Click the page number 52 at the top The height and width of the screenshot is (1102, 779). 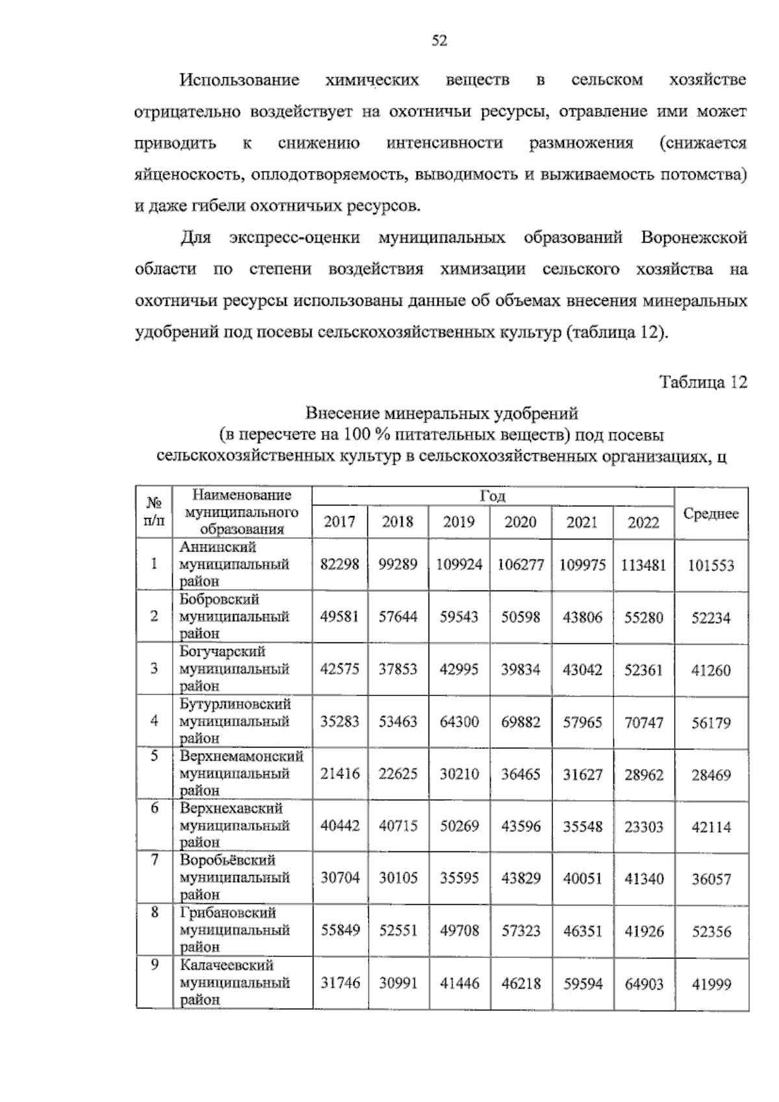[439, 42]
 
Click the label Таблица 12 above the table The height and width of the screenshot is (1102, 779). [703, 382]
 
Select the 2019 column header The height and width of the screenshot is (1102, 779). [458, 522]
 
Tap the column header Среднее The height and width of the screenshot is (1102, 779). [711, 513]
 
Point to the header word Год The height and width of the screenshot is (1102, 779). [492, 496]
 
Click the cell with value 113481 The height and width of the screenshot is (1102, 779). [643, 565]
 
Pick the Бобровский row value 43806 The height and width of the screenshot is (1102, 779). [582, 617]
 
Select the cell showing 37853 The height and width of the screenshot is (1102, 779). [397, 669]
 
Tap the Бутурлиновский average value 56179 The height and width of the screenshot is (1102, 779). [711, 722]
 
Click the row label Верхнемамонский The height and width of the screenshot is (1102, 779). [241, 757]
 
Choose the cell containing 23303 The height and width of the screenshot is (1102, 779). [643, 826]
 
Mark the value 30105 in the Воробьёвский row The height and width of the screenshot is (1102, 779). [397, 878]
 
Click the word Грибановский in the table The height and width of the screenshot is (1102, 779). [228, 913]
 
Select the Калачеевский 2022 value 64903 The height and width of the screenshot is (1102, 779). [643, 984]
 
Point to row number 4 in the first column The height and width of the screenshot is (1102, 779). [154, 720]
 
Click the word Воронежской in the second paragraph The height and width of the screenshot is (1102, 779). [693, 238]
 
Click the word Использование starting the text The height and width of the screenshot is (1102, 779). [240, 80]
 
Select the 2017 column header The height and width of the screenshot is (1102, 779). [340, 522]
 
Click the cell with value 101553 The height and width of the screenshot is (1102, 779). [711, 565]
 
